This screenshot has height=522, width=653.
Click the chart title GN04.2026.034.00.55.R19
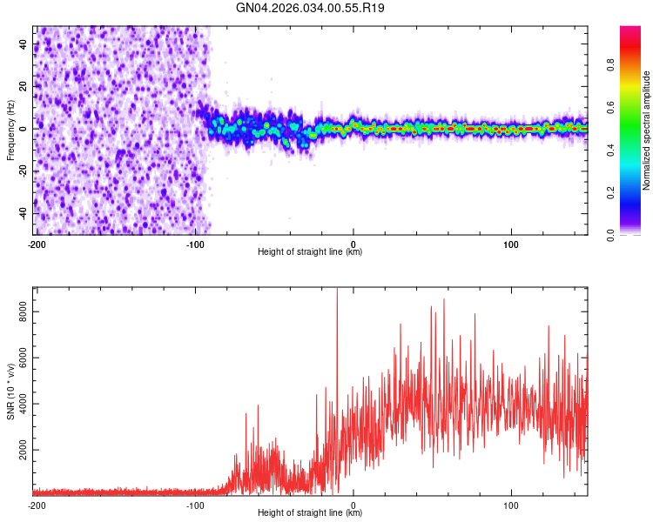tap(311, 8)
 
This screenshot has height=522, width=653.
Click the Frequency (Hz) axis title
tap(10, 130)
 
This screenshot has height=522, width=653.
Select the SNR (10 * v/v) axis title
tap(10, 391)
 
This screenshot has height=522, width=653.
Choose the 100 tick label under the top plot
tap(511, 244)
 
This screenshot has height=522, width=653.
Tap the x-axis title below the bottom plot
tap(310, 513)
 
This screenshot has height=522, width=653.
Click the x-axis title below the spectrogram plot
tap(310, 252)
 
